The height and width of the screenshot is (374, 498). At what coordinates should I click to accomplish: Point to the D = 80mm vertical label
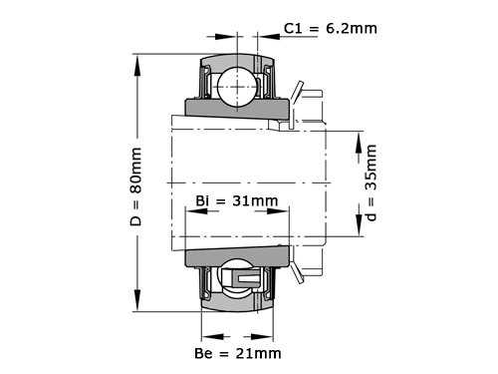136,186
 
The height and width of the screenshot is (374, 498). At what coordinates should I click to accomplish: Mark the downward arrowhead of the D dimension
136,307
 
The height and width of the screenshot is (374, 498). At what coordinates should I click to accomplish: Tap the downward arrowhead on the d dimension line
357,232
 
